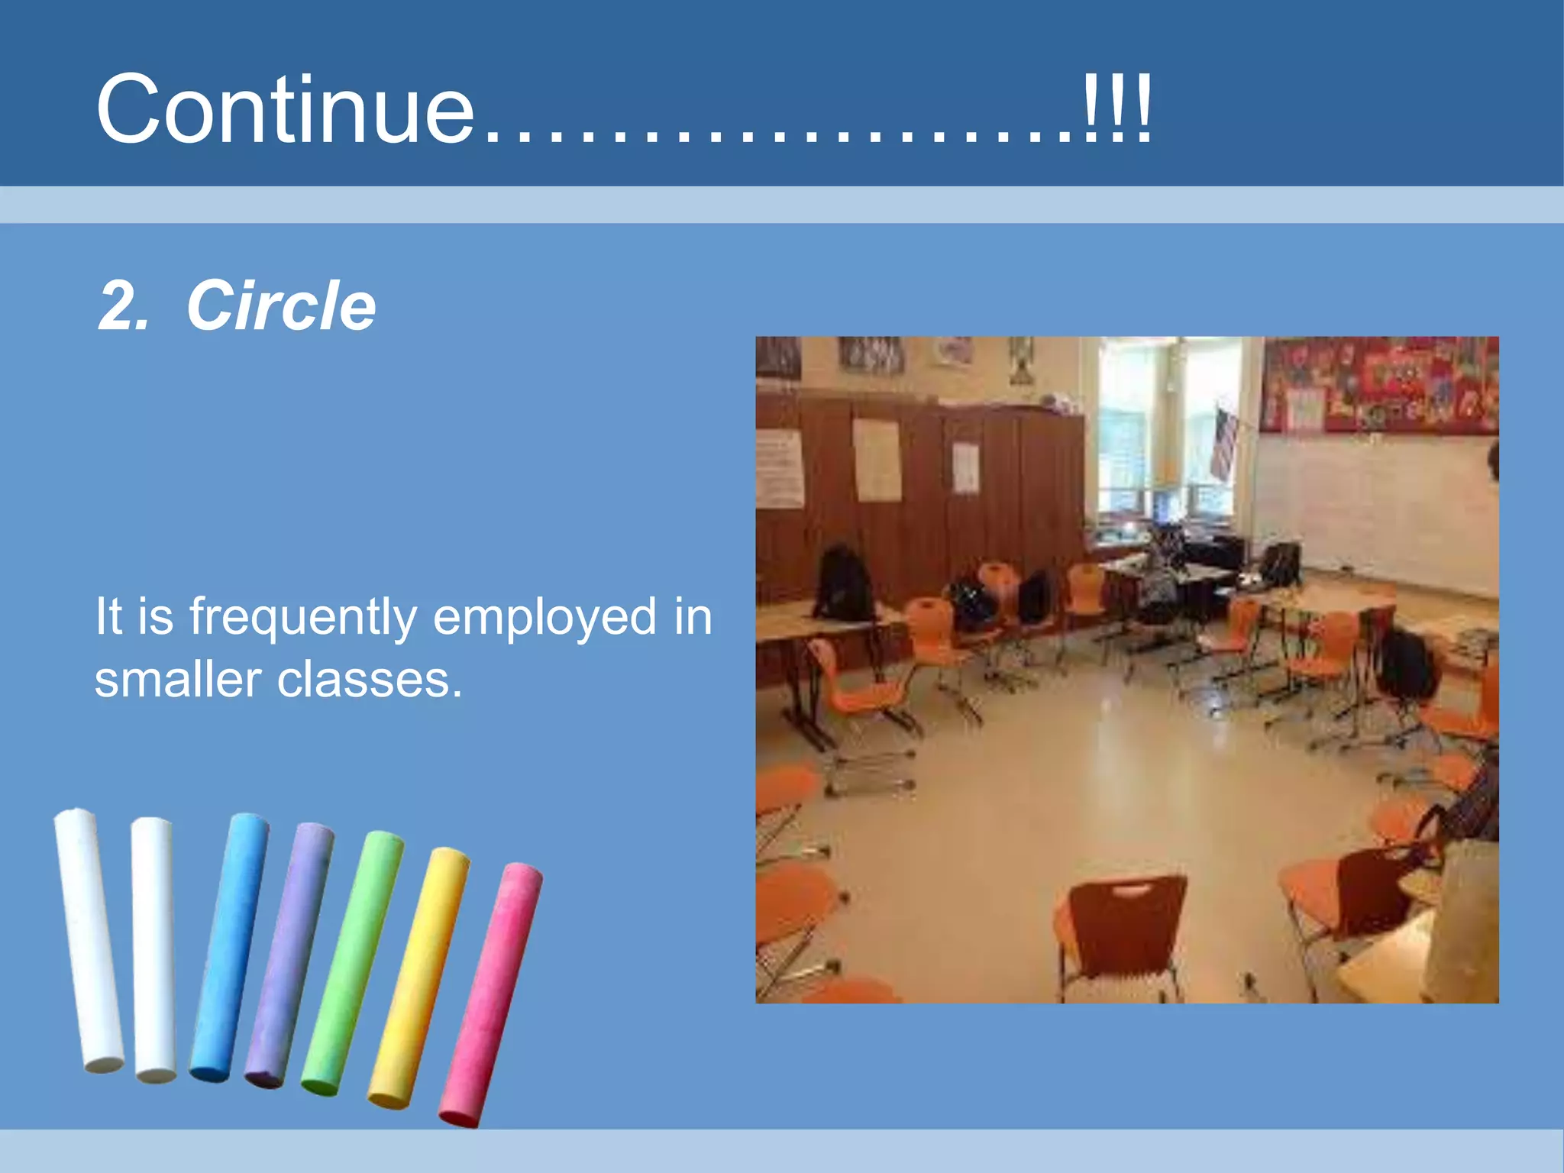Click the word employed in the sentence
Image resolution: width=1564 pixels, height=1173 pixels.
[544, 617]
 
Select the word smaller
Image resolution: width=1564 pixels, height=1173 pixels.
[177, 680]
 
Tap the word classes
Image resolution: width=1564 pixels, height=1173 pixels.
[370, 680]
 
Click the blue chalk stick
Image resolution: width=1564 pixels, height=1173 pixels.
[229, 947]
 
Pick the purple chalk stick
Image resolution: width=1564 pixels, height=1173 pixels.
[289, 955]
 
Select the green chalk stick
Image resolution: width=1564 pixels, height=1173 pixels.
[352, 964]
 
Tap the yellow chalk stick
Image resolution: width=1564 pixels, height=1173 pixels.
[418, 977]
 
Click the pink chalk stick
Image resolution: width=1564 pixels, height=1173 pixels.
[490, 994]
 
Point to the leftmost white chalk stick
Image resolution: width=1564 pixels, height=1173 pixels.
[89, 941]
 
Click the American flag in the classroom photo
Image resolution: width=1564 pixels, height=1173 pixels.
[1223, 443]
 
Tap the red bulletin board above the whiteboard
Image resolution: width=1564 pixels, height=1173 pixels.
[1378, 386]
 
